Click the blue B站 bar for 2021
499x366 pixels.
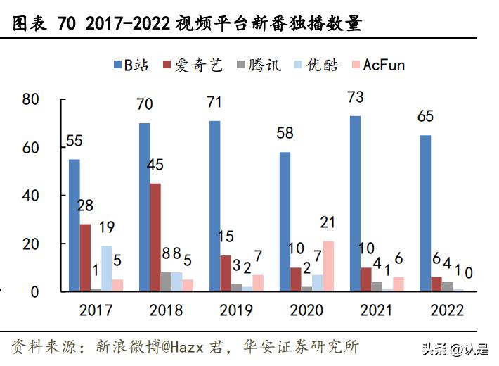[x=356, y=203]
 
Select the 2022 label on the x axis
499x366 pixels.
[x=446, y=310]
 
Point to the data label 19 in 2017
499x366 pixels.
[x=106, y=227]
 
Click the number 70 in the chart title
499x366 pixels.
[x=66, y=24]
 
